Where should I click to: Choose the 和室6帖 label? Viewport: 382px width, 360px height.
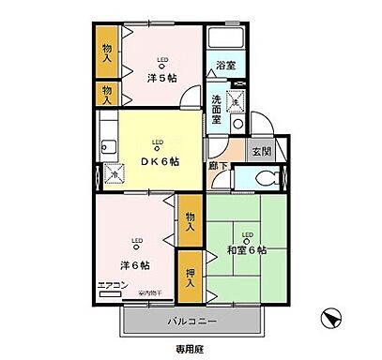(x=247, y=250)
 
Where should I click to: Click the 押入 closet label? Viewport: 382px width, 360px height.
(x=190, y=272)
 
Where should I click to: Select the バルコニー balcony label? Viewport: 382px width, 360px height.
(x=193, y=322)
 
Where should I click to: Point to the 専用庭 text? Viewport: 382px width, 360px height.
(x=191, y=349)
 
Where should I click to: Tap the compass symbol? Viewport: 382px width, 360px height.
(x=330, y=318)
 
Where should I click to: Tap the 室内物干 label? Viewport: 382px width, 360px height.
(x=150, y=294)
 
